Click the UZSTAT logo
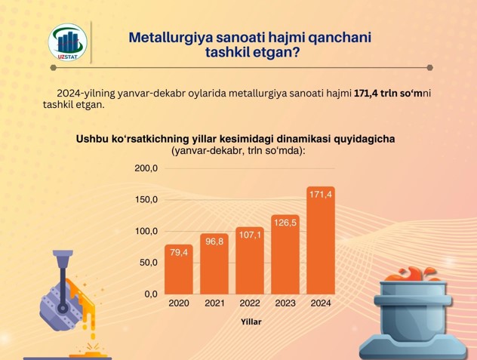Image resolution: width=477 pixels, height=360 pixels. point(67,42)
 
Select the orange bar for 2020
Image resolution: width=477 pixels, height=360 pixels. point(179,269)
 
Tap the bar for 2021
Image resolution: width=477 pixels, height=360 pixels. point(214,264)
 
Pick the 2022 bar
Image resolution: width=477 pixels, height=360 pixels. point(250,260)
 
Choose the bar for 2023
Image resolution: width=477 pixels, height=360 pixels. point(285,254)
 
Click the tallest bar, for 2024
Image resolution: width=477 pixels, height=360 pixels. point(321,241)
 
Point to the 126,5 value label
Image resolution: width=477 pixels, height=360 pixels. point(285,223)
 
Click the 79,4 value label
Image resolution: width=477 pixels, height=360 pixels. point(179,252)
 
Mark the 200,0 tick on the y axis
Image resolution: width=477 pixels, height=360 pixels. point(146,168)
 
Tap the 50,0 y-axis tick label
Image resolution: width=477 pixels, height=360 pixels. point(149,263)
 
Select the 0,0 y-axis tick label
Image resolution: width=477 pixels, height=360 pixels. point(151,294)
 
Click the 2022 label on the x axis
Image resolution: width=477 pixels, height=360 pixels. point(250,303)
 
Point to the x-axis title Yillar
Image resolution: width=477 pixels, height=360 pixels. point(251,322)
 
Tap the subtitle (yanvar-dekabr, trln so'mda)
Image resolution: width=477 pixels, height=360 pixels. point(238,150)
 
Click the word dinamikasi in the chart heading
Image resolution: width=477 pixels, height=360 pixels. point(303,139)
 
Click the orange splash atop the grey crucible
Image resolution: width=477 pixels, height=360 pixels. point(412,274)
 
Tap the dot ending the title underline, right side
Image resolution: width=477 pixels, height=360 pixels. point(430,68)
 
